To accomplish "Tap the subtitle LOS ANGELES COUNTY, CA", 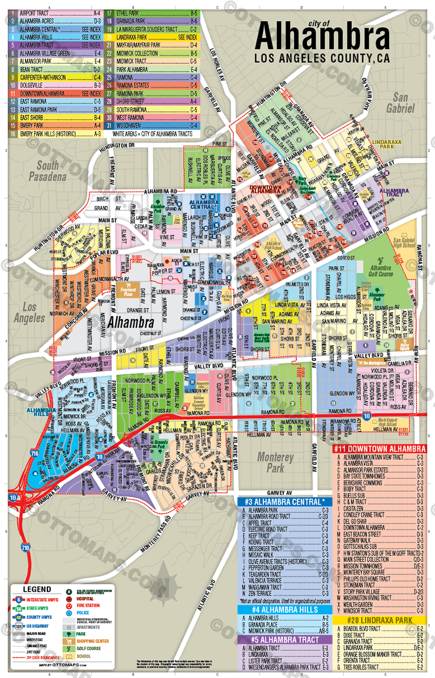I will [x=321, y=58].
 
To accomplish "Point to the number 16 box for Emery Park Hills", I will [x=12, y=134].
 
